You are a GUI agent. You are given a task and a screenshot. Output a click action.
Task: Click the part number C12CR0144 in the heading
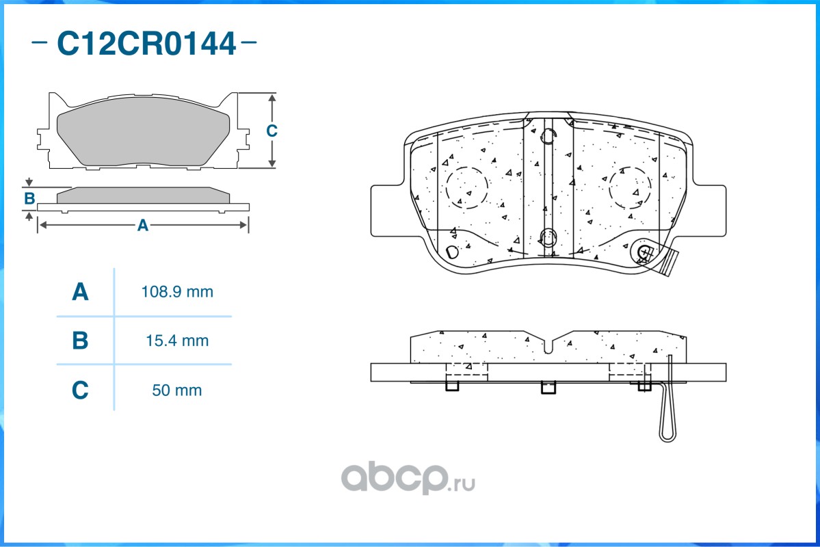146,44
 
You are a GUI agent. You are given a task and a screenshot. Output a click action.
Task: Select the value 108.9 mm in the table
176,292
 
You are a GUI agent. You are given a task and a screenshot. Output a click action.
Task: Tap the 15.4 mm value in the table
176,341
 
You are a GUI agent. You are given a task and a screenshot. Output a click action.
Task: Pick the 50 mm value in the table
176,390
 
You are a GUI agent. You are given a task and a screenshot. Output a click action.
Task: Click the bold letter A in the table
80,293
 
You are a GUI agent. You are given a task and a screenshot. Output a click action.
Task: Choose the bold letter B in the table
80,341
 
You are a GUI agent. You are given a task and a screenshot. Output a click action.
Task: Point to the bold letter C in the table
80,390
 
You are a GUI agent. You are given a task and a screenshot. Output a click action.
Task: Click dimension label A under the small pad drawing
142,225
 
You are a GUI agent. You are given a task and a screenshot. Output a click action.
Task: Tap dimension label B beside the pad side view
29,199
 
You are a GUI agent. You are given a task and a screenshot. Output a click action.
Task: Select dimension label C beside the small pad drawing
272,131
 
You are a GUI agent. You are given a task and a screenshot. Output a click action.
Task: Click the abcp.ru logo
408,478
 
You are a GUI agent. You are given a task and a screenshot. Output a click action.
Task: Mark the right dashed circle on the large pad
630,187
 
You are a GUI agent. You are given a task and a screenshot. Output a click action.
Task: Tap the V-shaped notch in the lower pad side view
548,345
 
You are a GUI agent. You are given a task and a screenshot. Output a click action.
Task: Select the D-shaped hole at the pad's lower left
452,252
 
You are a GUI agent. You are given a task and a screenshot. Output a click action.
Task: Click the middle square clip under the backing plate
548,388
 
